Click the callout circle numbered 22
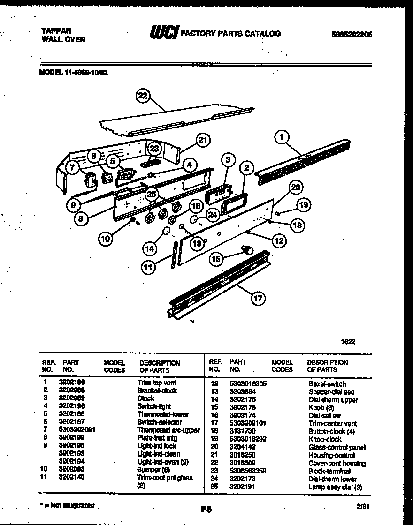pos(143,96)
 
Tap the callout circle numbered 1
pos(281,137)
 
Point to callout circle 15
pos(216,258)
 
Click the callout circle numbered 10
pos(106,239)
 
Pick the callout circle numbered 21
pos(202,140)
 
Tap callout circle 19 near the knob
pos(304,204)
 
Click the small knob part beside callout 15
pos(247,249)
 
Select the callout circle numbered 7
pos(72,168)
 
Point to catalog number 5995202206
pos(352,34)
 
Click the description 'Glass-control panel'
pos(337,447)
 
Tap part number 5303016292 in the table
pos(248,439)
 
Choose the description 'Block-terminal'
pos(329,471)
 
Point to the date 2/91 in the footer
pos(362,506)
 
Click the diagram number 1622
pos(348,342)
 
